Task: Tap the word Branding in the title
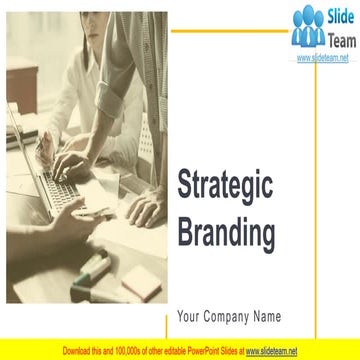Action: [225, 234]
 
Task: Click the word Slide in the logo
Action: [332, 19]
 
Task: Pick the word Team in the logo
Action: [333, 40]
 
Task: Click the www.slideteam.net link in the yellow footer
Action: [271, 352]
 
